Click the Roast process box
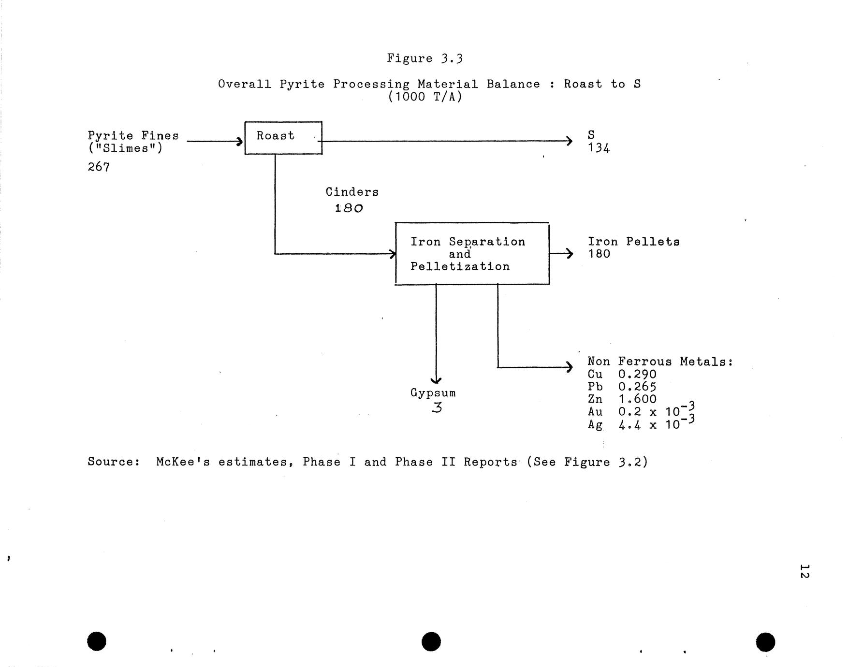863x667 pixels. [x=283, y=138]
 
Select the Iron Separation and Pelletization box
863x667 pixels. [x=472, y=254]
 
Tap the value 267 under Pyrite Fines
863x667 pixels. [x=99, y=167]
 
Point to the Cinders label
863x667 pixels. [x=352, y=192]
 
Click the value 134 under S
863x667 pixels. [x=599, y=148]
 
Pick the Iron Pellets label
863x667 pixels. [x=633, y=242]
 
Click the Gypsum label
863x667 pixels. [x=433, y=393]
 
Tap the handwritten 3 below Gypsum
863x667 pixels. [x=437, y=408]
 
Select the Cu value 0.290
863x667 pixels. [x=637, y=375]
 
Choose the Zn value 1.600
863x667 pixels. [x=637, y=399]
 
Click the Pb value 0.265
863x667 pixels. [x=637, y=387]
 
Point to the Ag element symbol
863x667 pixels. [x=595, y=425]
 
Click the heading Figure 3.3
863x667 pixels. [x=424, y=58]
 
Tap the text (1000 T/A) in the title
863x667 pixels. [x=425, y=97]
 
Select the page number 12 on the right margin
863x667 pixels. [x=804, y=570]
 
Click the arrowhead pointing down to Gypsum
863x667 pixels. [x=436, y=381]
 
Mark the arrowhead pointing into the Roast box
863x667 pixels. [x=239, y=141]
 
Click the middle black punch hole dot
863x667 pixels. [x=431, y=641]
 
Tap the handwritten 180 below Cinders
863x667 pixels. [x=349, y=208]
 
